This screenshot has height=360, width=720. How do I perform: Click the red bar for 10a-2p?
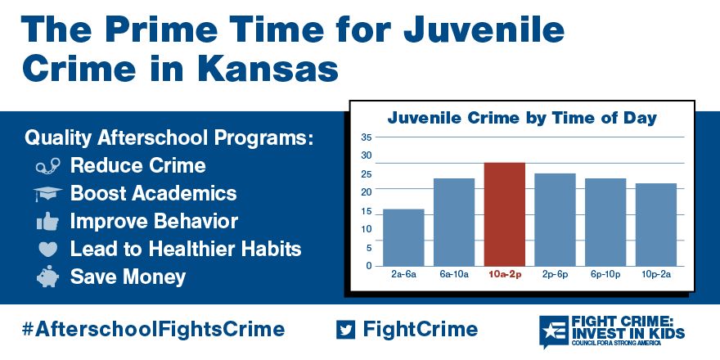[x=505, y=214]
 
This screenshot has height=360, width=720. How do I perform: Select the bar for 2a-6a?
[x=403, y=237]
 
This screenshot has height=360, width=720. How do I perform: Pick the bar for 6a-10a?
[x=454, y=223]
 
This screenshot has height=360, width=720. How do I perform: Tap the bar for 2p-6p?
[x=556, y=219]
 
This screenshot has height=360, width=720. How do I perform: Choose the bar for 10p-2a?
[x=656, y=224]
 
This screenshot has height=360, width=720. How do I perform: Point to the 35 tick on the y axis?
[x=367, y=137]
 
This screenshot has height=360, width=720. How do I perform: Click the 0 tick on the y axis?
[x=368, y=266]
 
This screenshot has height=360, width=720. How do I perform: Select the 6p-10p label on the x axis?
[x=605, y=275]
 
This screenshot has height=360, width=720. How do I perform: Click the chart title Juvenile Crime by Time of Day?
[x=522, y=118]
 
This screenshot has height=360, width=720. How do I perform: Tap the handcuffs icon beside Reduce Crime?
[x=47, y=166]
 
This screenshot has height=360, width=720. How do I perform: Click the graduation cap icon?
[x=47, y=193]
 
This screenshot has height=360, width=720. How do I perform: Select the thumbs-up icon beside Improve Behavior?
[x=47, y=222]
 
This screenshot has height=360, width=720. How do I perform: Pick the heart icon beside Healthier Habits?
[x=47, y=249]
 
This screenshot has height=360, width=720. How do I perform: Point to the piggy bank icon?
[x=47, y=277]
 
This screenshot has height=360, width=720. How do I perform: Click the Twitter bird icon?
[x=346, y=329]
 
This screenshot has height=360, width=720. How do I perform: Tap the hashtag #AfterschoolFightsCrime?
[x=153, y=330]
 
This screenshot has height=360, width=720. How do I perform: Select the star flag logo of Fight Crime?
[x=553, y=331]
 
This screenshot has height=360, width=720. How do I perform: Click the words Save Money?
[x=128, y=277]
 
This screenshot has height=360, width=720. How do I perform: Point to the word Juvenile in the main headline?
[x=484, y=29]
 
